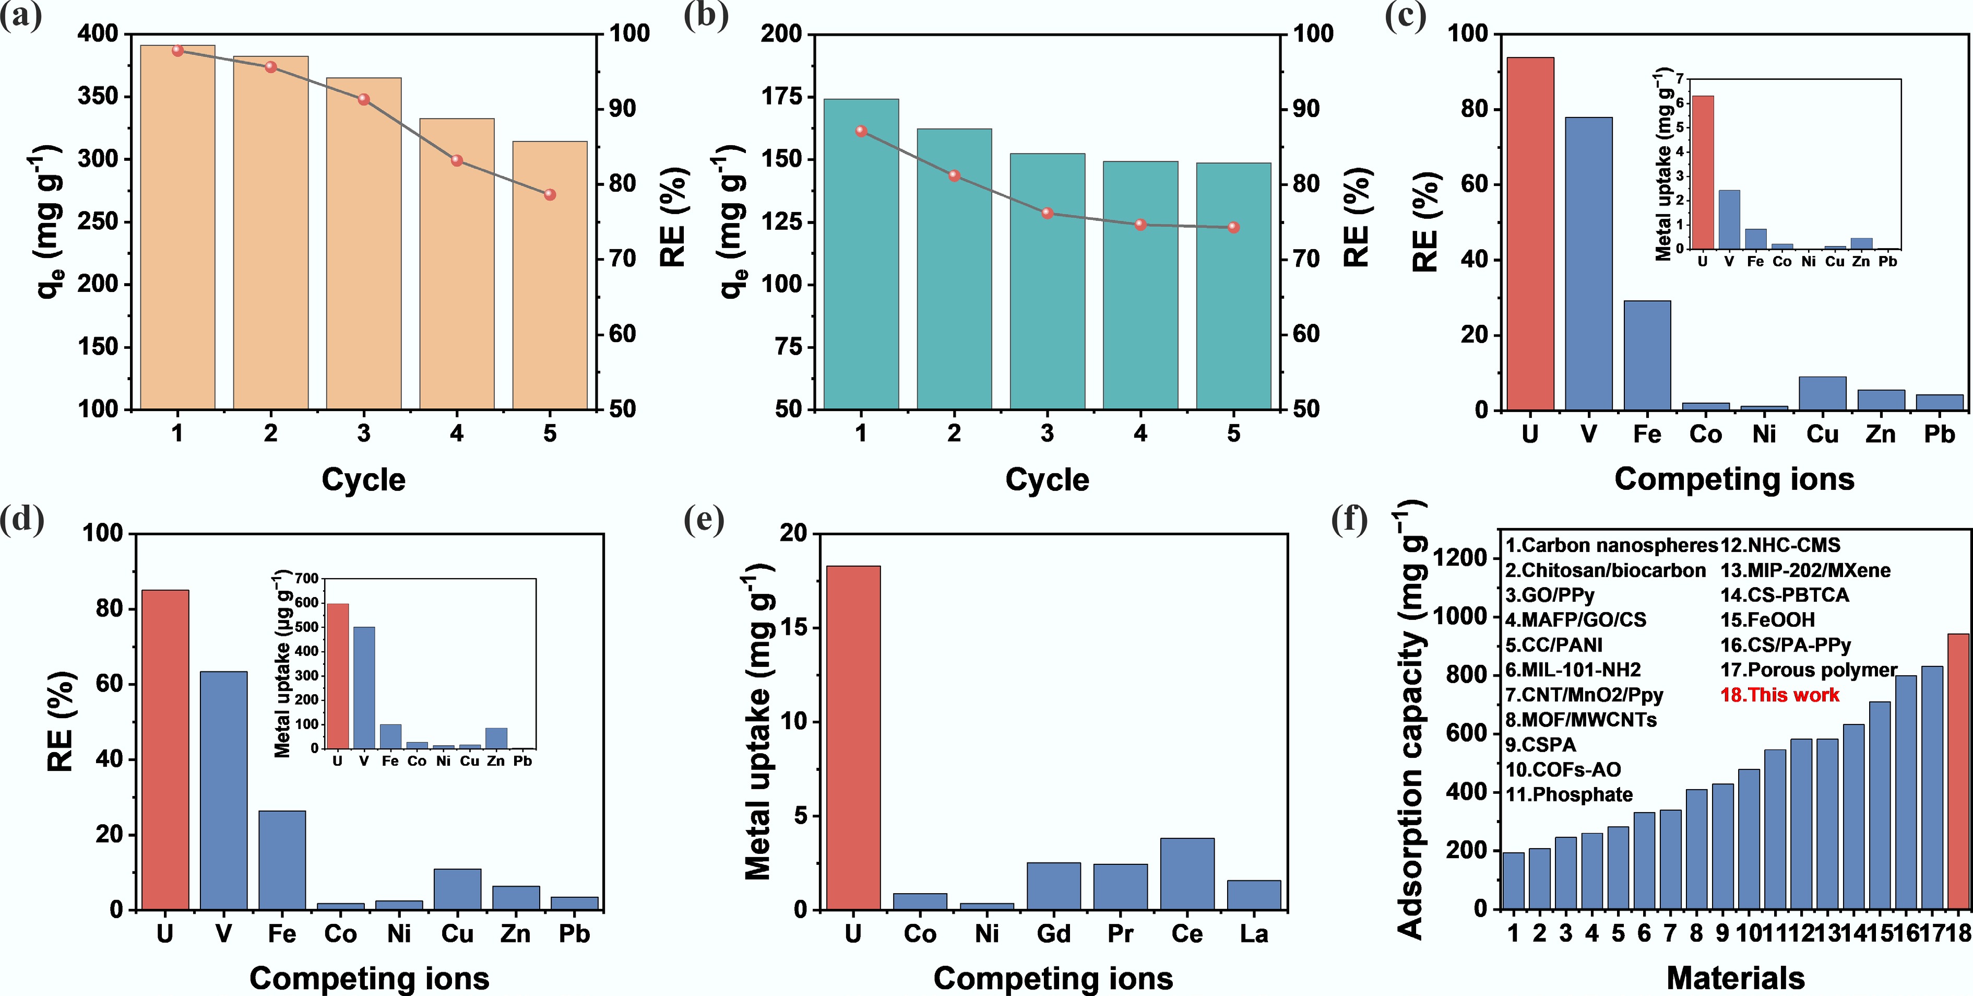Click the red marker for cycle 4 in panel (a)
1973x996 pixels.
tap(457, 160)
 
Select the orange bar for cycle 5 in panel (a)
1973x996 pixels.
tap(550, 276)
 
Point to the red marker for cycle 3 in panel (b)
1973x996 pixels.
tap(1047, 213)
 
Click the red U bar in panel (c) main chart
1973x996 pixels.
tap(1529, 233)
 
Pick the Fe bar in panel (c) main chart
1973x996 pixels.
tap(1647, 356)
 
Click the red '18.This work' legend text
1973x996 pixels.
tap(1779, 695)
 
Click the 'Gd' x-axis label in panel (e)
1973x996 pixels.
tap(1053, 934)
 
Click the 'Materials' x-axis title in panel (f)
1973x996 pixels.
tap(1735, 978)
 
